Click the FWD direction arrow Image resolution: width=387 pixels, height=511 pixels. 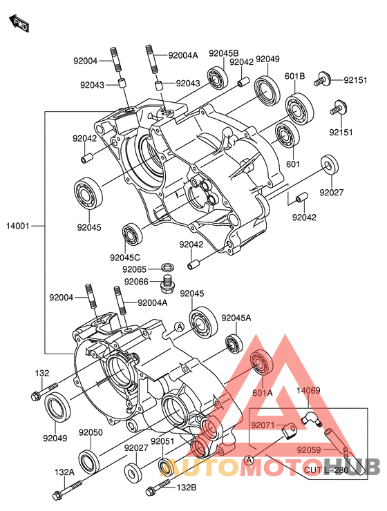[x=19, y=23]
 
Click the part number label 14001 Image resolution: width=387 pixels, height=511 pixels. [x=18, y=226]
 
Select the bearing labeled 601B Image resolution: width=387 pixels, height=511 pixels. [x=299, y=108]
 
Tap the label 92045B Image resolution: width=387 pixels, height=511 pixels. [x=224, y=53]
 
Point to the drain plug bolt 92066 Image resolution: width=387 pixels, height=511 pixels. [x=167, y=282]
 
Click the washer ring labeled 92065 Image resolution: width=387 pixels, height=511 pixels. [x=167, y=267]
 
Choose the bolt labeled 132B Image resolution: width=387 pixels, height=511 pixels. [x=158, y=485]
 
